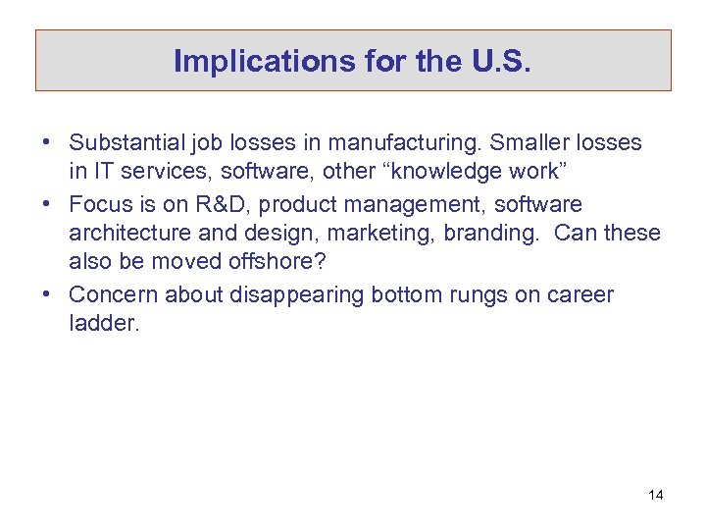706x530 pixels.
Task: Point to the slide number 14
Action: pyautogui.click(x=655, y=495)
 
